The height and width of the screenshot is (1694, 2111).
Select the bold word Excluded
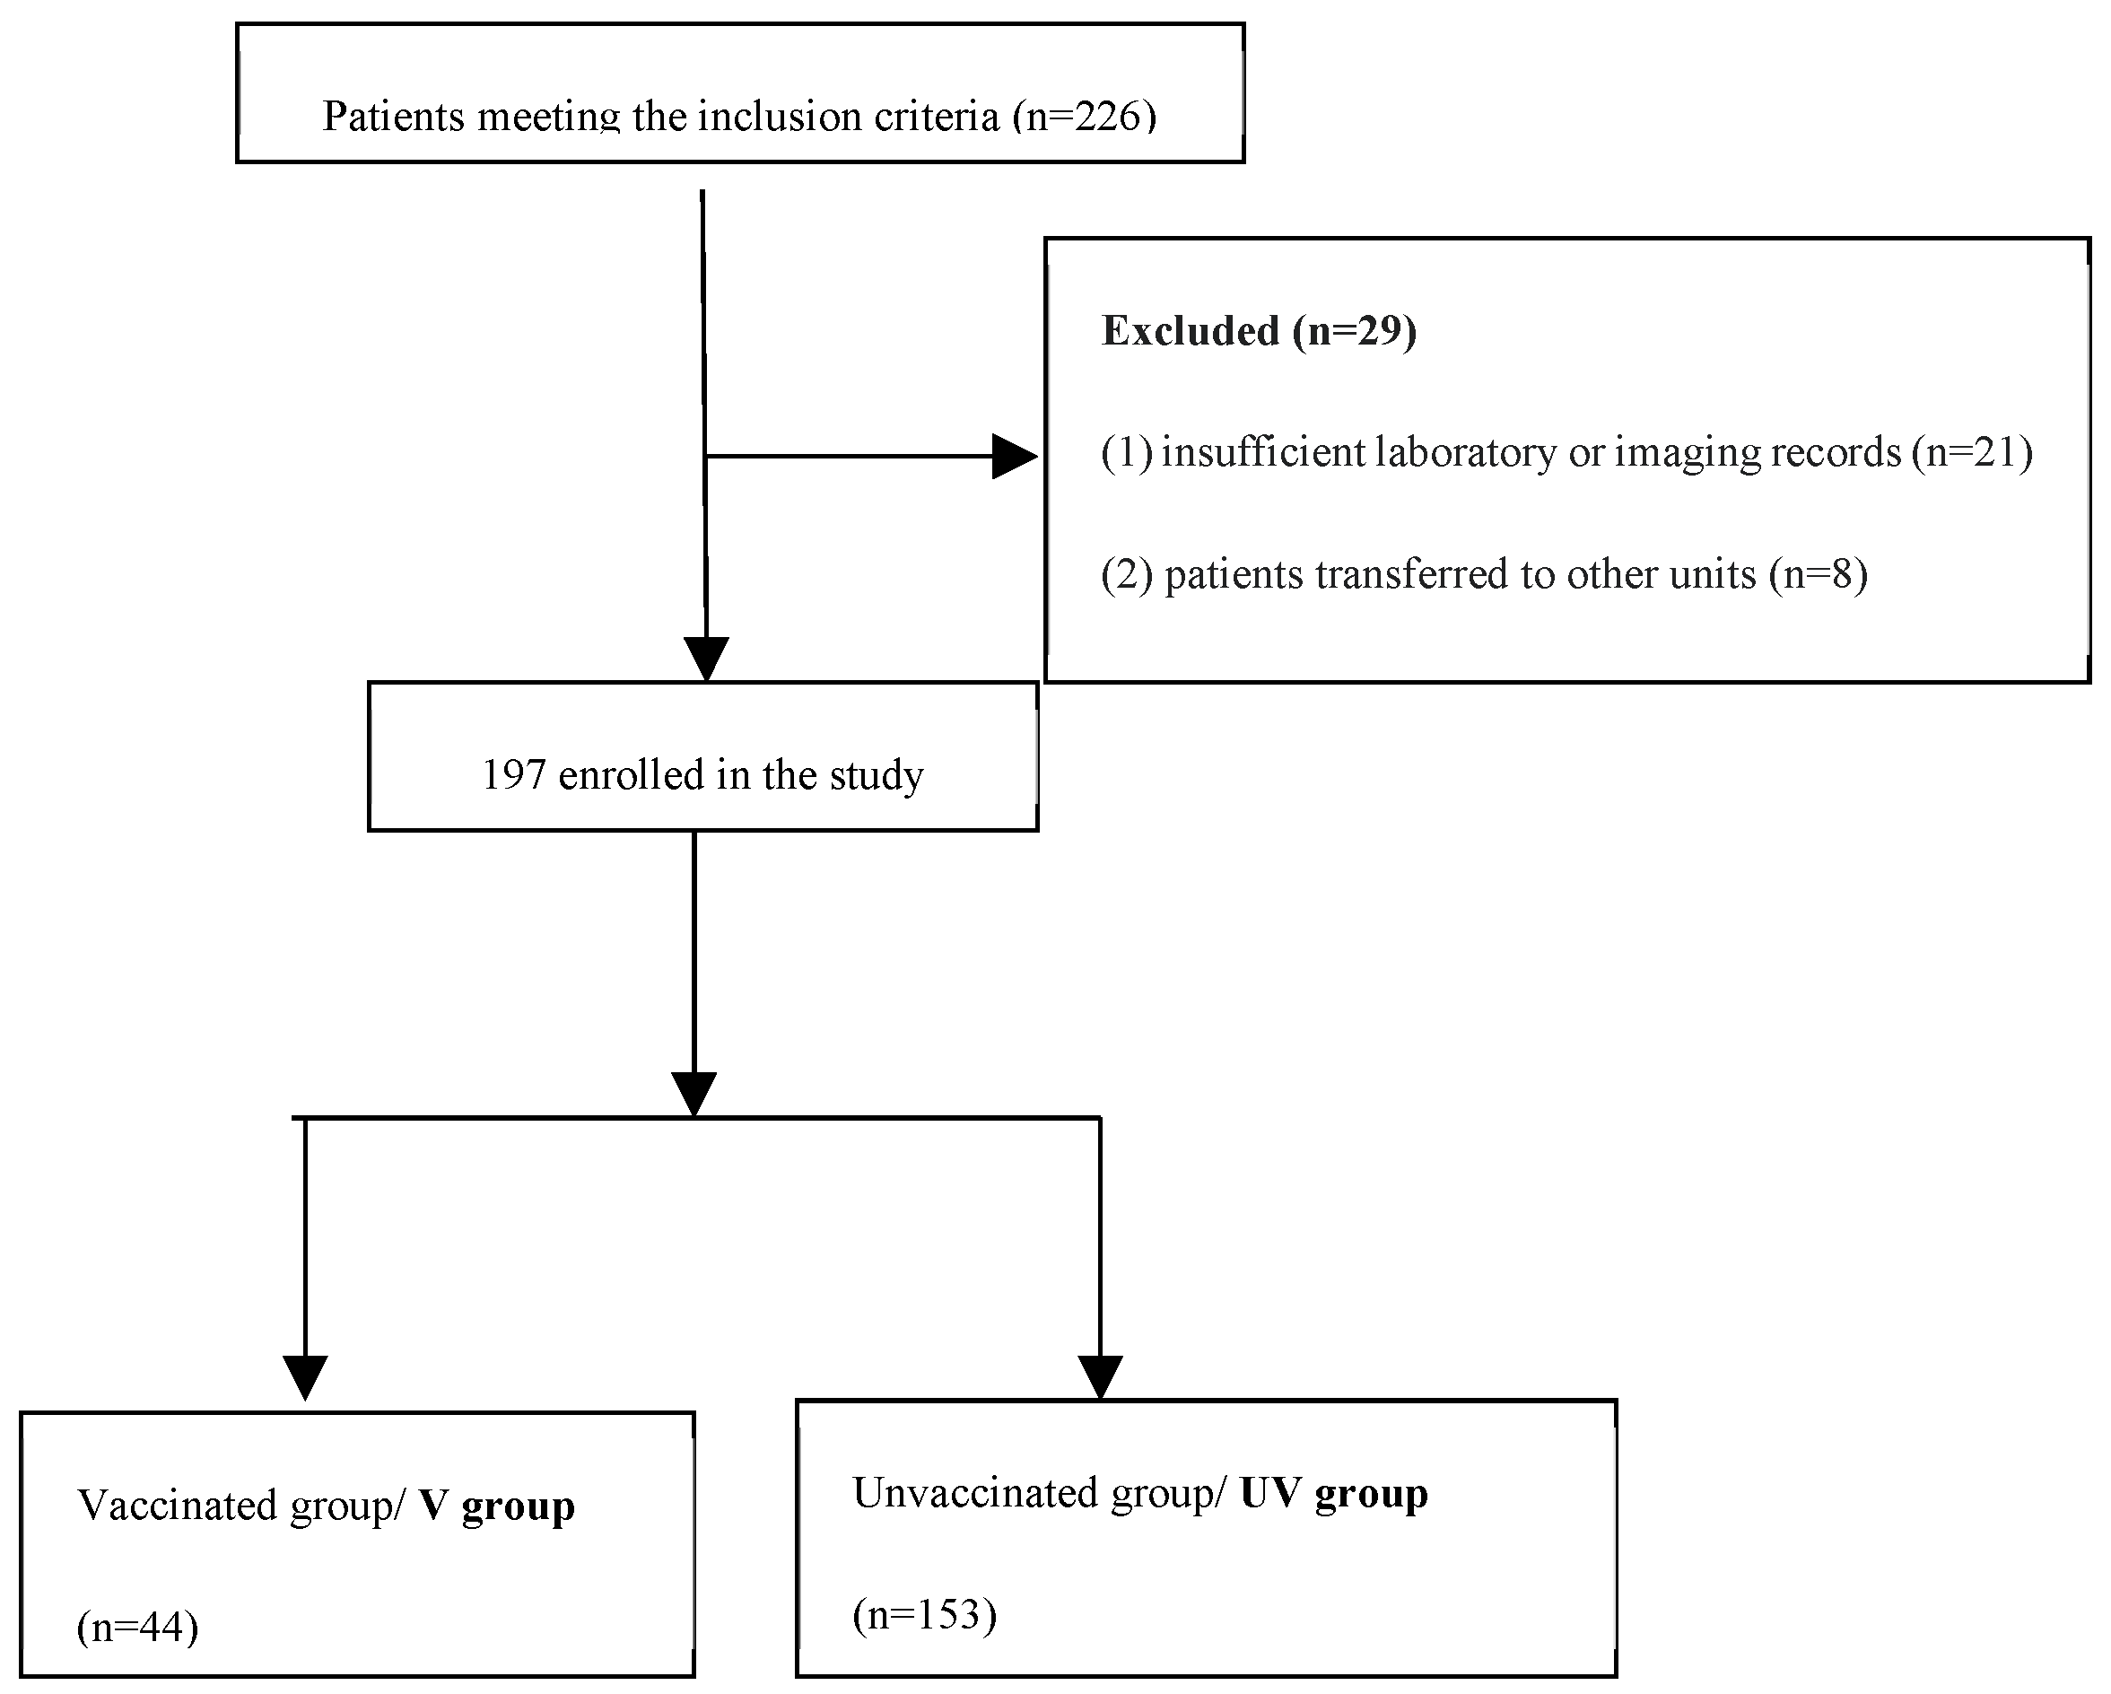(1190, 331)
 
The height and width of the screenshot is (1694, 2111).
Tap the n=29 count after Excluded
(1354, 331)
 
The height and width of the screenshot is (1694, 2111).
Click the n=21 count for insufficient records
(1971, 452)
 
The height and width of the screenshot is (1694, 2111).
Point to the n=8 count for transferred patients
(1819, 574)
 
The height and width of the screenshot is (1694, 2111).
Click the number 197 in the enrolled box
(513, 775)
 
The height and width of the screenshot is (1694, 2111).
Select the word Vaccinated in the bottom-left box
(176, 1506)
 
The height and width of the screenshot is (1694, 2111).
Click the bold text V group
(496, 1506)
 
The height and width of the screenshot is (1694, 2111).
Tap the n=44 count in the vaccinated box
(137, 1628)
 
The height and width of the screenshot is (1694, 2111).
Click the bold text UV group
(1333, 1493)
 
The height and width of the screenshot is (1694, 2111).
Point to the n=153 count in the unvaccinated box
(924, 1615)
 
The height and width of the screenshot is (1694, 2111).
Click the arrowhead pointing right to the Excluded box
(1015, 457)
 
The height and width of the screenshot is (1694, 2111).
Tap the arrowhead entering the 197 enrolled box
(706, 658)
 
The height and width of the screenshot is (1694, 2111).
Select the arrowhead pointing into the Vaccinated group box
(306, 1376)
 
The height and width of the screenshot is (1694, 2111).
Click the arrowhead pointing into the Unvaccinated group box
(1100, 1376)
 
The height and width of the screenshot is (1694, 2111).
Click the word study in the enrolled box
(876, 775)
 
